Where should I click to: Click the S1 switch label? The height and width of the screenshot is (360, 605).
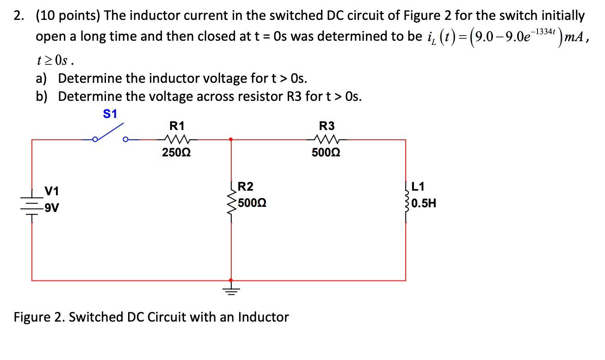pos(110,114)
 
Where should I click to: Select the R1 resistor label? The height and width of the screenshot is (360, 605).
pos(177,125)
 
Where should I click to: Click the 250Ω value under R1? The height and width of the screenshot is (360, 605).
pos(177,153)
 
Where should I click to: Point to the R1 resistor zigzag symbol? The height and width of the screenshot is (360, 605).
pos(177,138)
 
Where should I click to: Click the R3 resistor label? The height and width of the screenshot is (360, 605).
pos(327,125)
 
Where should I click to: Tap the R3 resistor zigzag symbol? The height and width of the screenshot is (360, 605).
pos(327,138)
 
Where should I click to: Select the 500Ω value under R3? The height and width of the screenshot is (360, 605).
pos(327,153)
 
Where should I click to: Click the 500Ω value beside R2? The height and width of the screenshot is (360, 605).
pos(252,203)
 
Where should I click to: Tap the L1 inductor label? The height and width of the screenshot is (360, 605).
pos(418,187)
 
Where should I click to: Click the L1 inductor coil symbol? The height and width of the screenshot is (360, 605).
pos(407,203)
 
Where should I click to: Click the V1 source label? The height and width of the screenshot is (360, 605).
pos(51,191)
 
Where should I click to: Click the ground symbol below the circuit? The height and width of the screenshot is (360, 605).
pos(230,290)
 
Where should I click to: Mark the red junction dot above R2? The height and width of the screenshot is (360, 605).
pos(230,138)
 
